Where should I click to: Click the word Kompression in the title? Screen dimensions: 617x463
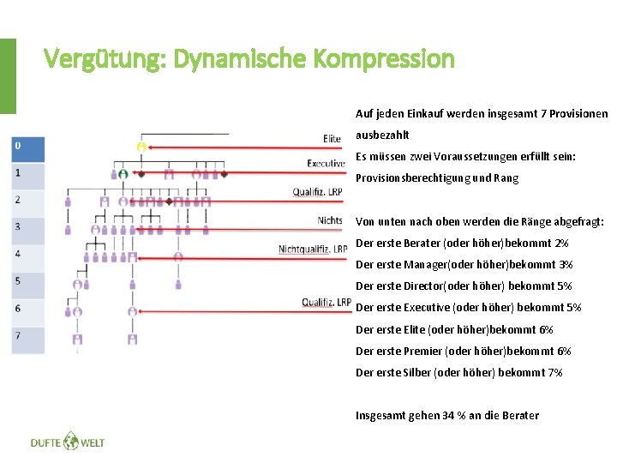click(384, 59)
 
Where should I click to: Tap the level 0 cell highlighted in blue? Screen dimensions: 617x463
click(27, 150)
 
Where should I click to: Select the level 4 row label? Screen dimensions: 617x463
click(27, 255)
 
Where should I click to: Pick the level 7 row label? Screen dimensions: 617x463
click(27, 336)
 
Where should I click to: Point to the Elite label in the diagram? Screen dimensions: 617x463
click(332, 139)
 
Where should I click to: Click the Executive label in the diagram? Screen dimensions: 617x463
click(326, 163)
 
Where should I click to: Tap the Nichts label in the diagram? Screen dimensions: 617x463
click(330, 220)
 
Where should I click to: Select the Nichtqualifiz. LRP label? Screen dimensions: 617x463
click(312, 249)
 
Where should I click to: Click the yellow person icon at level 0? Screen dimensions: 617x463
click(141, 147)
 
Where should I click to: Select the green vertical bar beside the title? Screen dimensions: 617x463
click(7, 75)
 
